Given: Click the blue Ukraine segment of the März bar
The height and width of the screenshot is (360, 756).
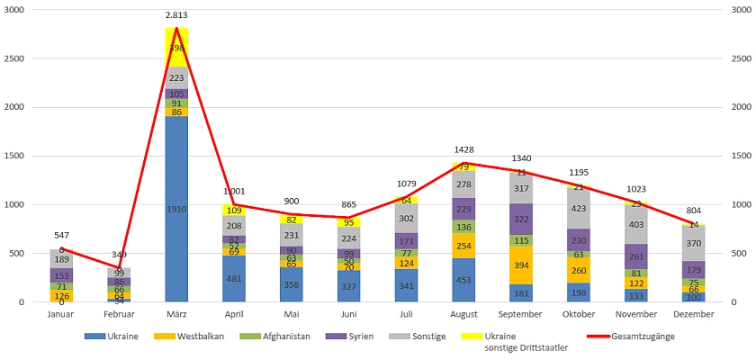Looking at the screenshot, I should [x=176, y=209].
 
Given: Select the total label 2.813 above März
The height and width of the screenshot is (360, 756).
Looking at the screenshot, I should [x=176, y=15].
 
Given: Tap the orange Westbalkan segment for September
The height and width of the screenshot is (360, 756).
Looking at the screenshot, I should [x=522, y=265].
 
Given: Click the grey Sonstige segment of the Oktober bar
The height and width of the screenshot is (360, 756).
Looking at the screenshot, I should [x=580, y=208].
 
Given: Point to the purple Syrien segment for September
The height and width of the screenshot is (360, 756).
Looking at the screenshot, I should [x=522, y=219].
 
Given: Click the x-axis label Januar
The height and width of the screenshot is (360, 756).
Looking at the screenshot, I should [x=61, y=314].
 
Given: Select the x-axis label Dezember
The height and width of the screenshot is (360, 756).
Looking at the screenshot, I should [x=694, y=314].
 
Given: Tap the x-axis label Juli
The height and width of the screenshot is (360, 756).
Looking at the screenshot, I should [x=407, y=314].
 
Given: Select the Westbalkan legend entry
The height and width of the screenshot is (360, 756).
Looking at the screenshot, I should [x=200, y=337].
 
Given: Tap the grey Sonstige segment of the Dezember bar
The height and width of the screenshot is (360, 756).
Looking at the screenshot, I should [x=694, y=243].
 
